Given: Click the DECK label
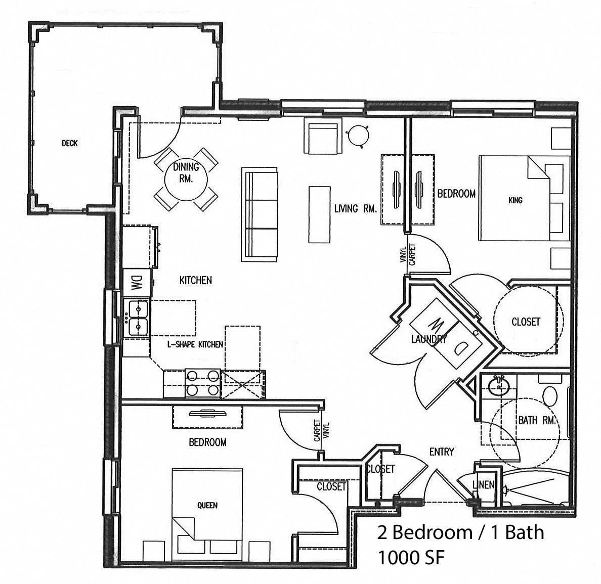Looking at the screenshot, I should (70, 143).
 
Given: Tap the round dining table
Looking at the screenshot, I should (186, 179).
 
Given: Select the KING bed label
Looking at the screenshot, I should (515, 200).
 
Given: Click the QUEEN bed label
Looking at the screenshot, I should (207, 505).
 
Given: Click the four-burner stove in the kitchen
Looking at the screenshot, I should (203, 383).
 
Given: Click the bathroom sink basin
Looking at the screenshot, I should (499, 386).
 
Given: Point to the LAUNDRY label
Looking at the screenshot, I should (429, 339).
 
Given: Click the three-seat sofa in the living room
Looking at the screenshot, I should (260, 214).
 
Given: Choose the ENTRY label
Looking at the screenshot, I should (442, 452).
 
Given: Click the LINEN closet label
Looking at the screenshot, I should (483, 484).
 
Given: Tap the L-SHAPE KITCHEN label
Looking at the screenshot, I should (195, 345).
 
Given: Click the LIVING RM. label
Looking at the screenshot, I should (355, 208).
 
